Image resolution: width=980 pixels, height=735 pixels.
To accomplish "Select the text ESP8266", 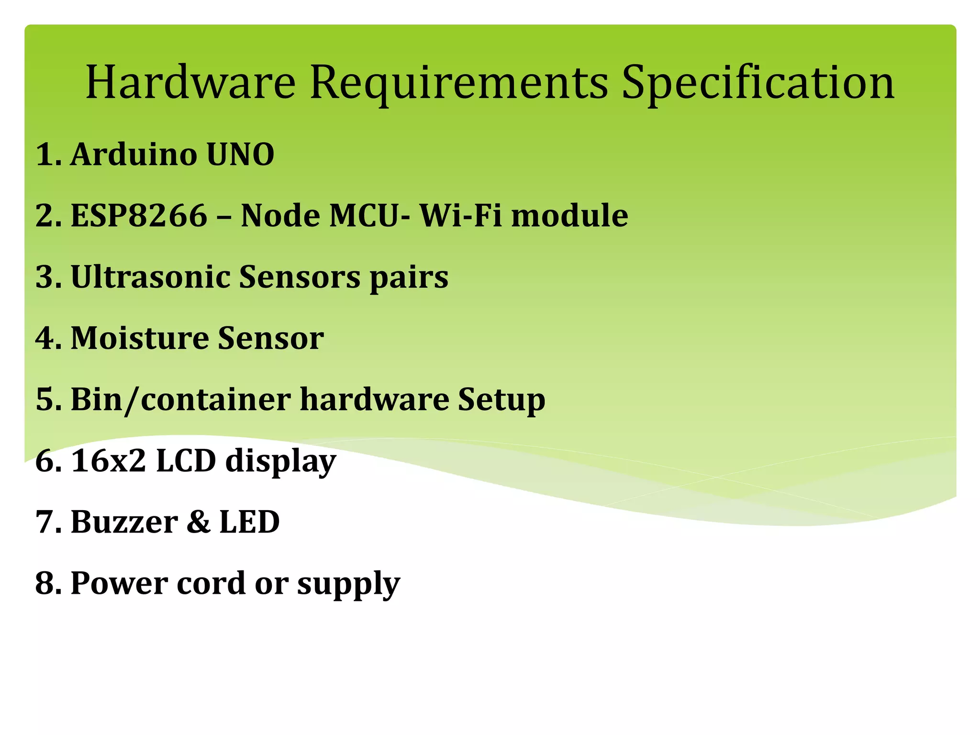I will tap(139, 215).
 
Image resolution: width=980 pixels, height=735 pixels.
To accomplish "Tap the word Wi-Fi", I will tap(460, 215).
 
